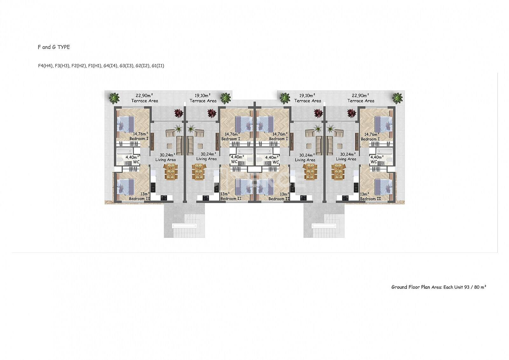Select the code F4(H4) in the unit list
pos(45,66)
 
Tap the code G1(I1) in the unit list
pos(158,66)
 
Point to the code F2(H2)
pos(79,66)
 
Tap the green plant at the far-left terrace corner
pos(114,98)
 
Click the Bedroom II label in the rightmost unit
pos(370,199)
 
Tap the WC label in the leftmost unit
pos(136,162)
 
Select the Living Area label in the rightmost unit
pos(346,159)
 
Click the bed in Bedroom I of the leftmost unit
pos(126,124)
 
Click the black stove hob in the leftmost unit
pos(164,198)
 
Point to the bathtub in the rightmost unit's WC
pos(384,151)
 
